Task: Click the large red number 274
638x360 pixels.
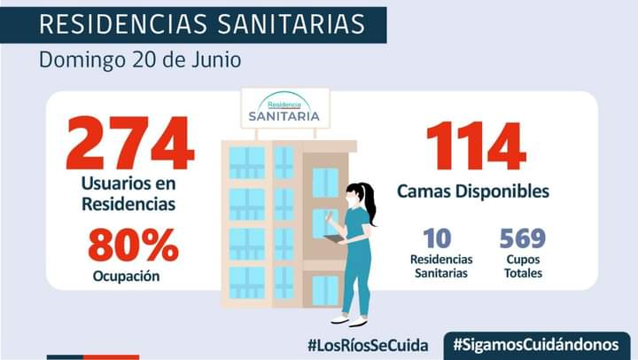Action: (x=129, y=144)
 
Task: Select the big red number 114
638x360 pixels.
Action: (x=475, y=146)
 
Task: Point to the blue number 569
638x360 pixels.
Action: (x=522, y=239)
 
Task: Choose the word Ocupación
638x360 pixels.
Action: (x=126, y=276)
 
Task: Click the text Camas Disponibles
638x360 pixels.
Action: (x=472, y=191)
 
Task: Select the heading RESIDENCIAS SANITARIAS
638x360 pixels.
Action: (x=202, y=25)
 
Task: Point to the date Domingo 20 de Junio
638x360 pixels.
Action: (x=139, y=61)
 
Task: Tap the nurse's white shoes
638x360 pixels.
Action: (x=349, y=320)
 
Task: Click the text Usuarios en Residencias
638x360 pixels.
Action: (x=128, y=194)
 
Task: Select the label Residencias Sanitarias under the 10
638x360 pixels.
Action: (x=440, y=266)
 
